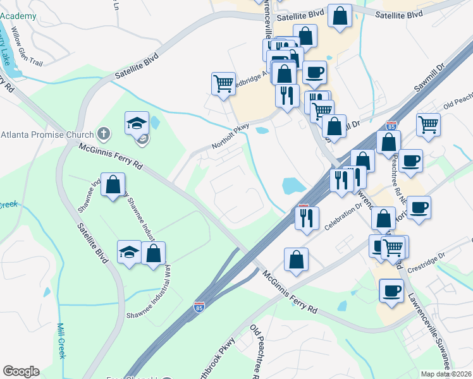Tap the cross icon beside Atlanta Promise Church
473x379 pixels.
[104, 133]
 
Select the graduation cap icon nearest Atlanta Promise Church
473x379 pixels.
[136, 123]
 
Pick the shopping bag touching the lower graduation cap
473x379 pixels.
[154, 253]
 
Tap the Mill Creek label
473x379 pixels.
[62, 341]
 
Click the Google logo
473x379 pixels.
[21, 371]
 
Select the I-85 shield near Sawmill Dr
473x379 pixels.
[391, 126]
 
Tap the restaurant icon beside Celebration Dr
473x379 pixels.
[307, 218]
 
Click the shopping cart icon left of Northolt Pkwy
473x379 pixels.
[223, 83]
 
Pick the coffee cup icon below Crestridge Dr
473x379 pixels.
[391, 291]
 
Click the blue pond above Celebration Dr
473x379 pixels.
[293, 186]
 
